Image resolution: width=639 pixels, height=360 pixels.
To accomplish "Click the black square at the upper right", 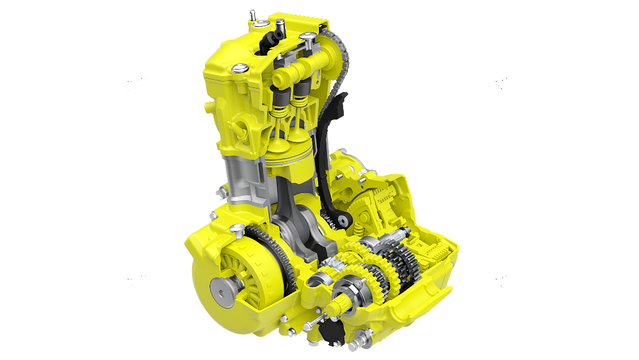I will click(502, 81).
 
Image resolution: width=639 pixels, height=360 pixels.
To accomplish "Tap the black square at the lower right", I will click(502, 279).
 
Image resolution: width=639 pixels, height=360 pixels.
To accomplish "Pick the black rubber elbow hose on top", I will click(279, 28).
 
